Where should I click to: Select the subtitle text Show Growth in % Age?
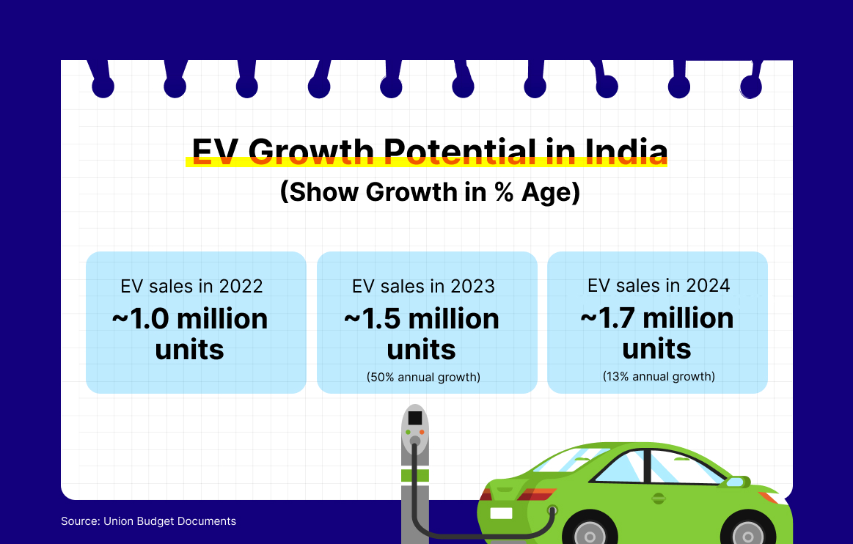pos(430,192)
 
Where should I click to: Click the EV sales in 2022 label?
pos(191,286)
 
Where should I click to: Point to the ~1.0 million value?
pos(190,319)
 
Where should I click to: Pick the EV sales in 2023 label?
pos(423,286)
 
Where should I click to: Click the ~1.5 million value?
pos(422,319)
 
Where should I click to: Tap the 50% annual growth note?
pos(423,377)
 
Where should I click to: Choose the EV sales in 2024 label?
pos(659,286)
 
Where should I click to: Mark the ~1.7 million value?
pos(657,318)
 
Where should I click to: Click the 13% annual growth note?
pos(659,376)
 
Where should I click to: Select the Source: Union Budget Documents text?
pos(148,521)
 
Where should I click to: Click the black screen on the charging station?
pos(415,418)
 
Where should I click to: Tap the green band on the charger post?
pos(415,476)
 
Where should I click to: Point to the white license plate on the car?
pos(501,513)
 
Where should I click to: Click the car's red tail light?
pos(536,494)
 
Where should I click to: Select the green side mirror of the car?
pos(737,482)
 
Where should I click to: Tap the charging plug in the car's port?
pos(553,510)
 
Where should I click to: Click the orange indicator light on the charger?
pos(422,432)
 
